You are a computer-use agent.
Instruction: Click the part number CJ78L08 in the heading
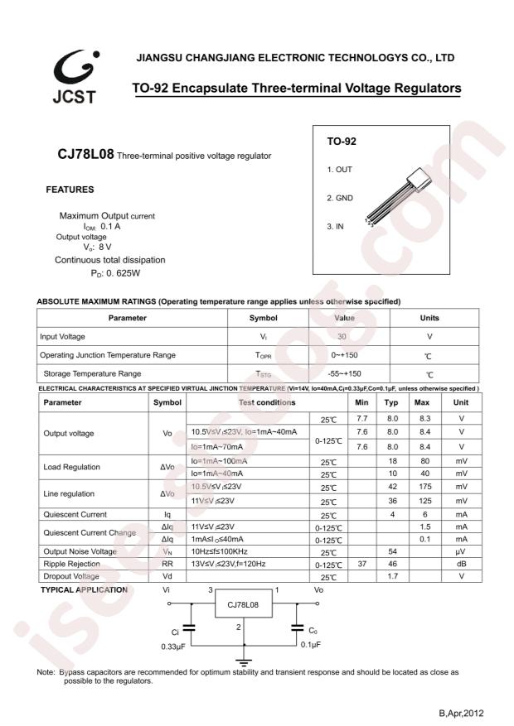85,155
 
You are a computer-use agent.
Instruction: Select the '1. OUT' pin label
339,170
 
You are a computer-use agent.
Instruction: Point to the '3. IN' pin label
335,226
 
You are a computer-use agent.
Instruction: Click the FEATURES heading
70,190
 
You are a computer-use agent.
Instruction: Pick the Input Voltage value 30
342,337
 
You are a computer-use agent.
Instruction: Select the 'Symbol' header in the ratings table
263,318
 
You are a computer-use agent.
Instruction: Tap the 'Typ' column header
391,402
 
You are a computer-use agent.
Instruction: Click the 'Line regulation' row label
70,493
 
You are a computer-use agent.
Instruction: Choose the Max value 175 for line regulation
424,487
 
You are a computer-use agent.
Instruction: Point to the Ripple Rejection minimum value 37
361,564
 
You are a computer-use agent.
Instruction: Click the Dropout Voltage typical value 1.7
391,576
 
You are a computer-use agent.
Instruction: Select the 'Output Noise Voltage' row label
80,551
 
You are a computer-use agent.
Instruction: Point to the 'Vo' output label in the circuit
318,590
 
